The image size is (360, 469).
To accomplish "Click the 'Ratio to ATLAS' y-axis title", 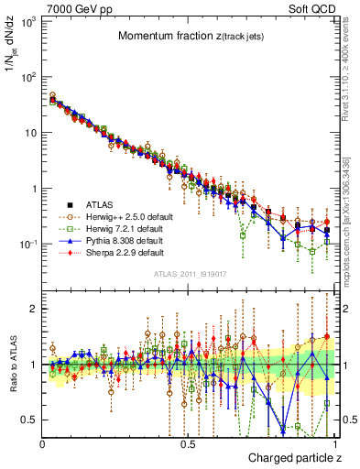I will [13, 365].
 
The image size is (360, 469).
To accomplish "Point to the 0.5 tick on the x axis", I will [188, 442].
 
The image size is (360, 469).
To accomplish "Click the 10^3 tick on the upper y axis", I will [29, 20].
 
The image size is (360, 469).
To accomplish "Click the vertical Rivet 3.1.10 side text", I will [353, 64].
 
